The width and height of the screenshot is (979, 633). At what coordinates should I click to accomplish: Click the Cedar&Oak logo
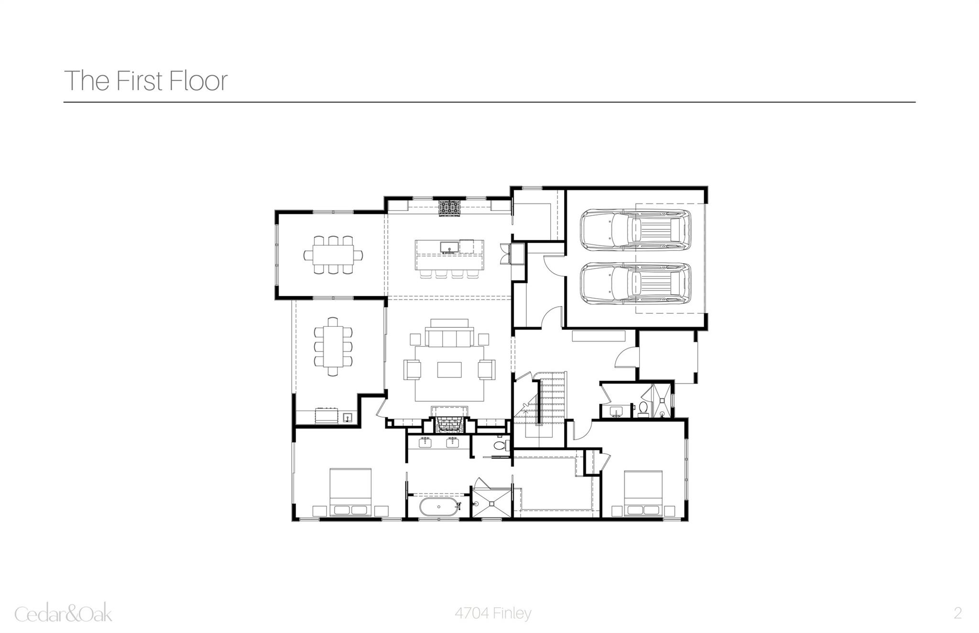(x=64, y=613)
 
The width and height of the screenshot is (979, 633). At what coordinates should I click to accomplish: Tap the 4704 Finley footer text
(x=492, y=613)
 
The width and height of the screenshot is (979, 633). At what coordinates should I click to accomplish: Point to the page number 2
(x=957, y=613)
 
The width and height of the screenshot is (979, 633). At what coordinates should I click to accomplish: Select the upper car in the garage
(x=635, y=230)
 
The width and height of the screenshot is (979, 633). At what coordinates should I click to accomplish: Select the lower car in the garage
(x=635, y=283)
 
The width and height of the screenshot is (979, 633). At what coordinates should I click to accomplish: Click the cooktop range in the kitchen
(x=450, y=208)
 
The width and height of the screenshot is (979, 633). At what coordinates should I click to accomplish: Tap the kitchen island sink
(x=450, y=247)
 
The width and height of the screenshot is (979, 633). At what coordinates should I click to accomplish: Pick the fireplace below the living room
(x=449, y=424)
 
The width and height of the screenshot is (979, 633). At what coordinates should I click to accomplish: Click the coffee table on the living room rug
(x=449, y=370)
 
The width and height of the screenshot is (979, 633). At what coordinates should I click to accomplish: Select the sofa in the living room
(x=449, y=336)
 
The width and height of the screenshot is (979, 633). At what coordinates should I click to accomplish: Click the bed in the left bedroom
(x=350, y=493)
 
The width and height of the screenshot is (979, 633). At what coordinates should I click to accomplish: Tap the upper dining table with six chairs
(x=333, y=254)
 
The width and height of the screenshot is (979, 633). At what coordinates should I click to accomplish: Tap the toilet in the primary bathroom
(x=499, y=446)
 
